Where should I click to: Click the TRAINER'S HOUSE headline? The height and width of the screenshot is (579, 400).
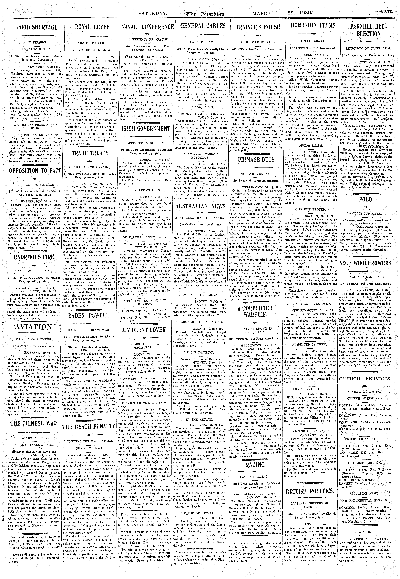click(258, 27)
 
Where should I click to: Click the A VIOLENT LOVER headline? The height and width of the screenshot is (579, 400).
click(147, 330)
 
